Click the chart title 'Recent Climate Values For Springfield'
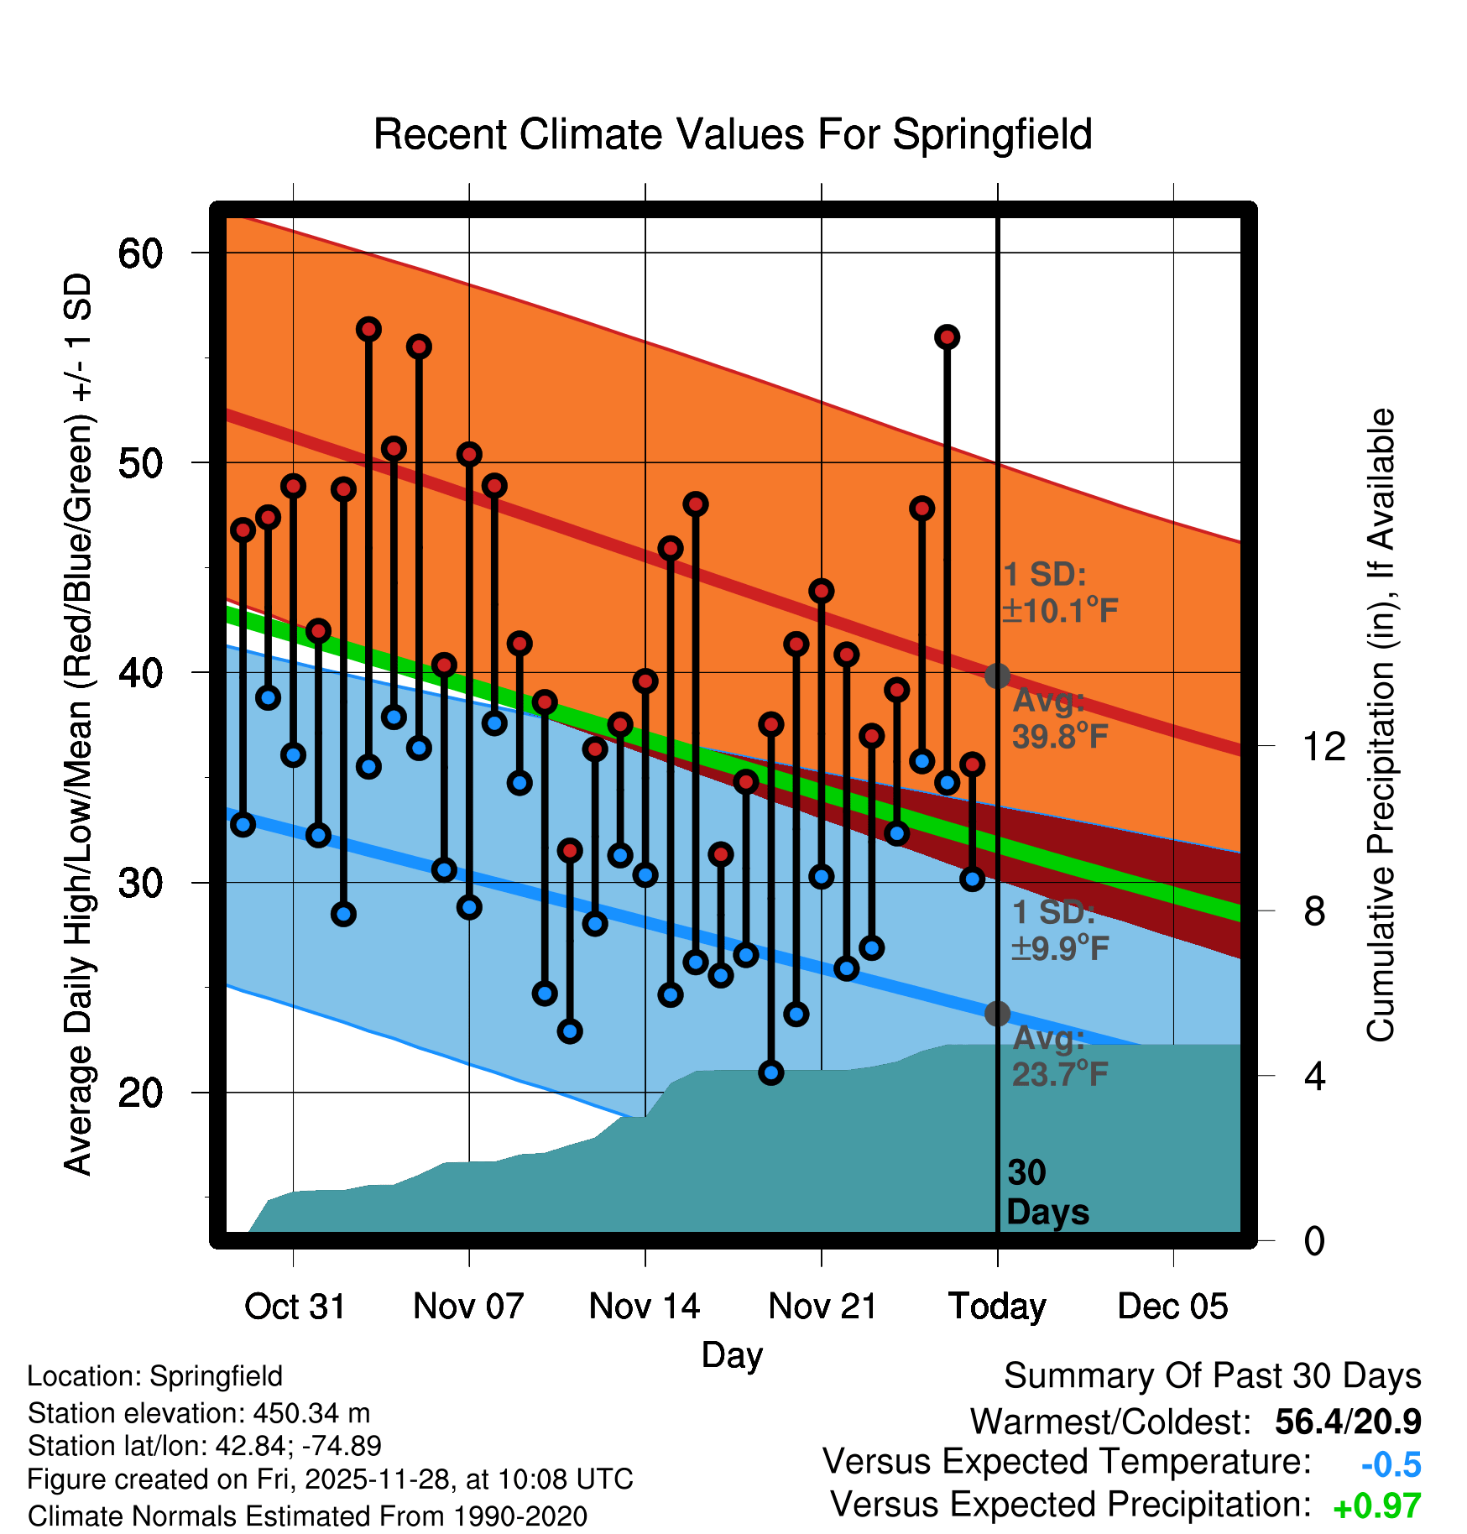pos(733,134)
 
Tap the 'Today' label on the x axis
pos(997,1307)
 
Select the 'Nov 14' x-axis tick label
pos(645,1307)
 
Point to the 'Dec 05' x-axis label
pos(1172,1307)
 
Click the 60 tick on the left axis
pos(140,253)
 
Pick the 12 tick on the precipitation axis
pos(1323,746)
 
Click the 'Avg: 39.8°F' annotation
pos(1059,718)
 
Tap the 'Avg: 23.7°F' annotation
pos(1059,1056)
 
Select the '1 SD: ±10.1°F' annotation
pos(1059,592)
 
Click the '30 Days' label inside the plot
pos(1047,1192)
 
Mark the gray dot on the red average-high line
pos(997,676)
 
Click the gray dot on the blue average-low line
pos(997,1014)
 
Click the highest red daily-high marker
pos(368,329)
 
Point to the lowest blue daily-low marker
pos(771,1072)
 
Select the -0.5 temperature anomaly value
pos(1391,1464)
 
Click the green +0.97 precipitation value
pos(1376,1506)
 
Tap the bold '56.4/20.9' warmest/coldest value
pos(1348,1422)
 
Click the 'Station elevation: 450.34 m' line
pos(199,1413)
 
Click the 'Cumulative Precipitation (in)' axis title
pos(1381,726)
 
